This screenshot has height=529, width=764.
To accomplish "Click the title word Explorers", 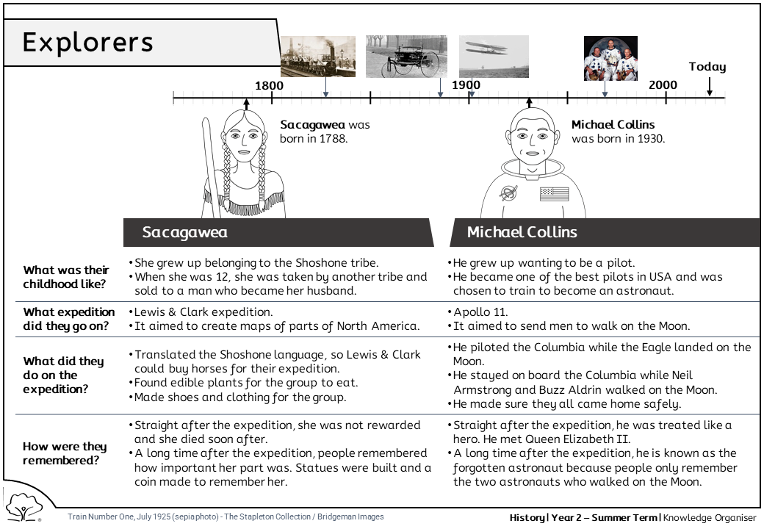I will [x=88, y=42].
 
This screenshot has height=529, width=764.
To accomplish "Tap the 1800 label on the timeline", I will [x=269, y=85].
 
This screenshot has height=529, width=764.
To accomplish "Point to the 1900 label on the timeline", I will [x=466, y=85].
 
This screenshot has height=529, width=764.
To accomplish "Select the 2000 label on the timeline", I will [x=663, y=85].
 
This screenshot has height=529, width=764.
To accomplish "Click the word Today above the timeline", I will [x=707, y=67].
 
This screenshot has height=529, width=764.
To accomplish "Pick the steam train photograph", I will [x=318, y=57].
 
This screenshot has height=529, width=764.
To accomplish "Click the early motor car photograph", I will [x=406, y=56].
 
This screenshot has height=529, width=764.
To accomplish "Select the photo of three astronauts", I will [x=610, y=58].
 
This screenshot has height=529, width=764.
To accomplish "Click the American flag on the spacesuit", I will [x=555, y=194].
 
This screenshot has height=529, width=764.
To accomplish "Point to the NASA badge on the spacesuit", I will [x=508, y=193].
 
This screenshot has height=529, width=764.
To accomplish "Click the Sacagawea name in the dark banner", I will [x=185, y=232].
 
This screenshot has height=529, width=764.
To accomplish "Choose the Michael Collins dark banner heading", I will [x=522, y=232].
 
